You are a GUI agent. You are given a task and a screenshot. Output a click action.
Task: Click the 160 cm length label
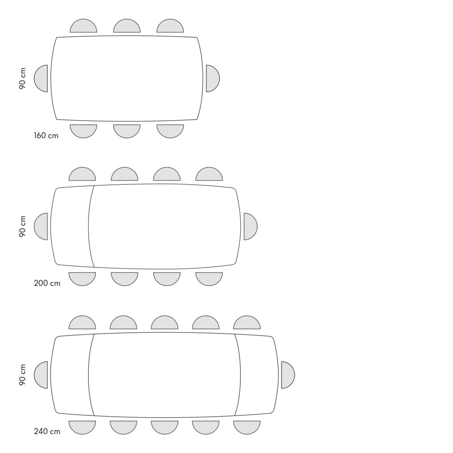point(46,135)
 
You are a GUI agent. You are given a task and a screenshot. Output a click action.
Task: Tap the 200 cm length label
point(47,283)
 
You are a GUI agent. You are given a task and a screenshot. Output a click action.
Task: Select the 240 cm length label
point(47,431)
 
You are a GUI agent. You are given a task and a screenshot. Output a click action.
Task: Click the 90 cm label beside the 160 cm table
point(22,79)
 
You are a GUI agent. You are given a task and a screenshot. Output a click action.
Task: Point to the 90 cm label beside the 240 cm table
point(22,375)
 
